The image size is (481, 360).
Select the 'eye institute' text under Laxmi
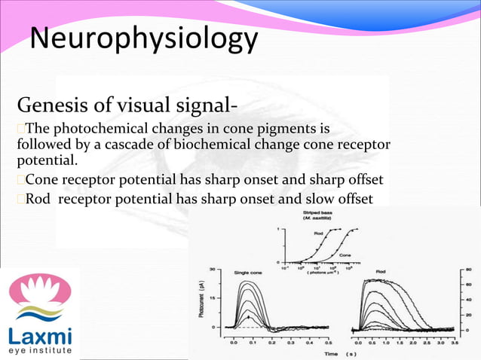[41, 350]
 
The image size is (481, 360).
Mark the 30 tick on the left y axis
[214, 268]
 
